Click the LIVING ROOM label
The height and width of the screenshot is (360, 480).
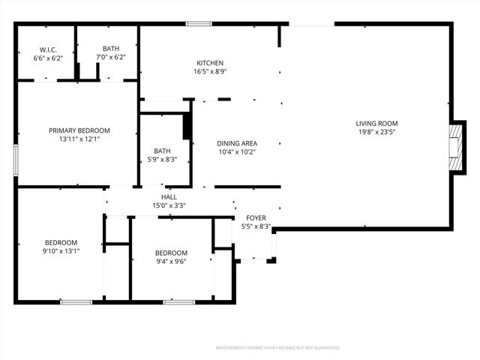[x=376, y=124]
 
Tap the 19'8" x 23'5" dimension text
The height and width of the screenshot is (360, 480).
[x=376, y=133]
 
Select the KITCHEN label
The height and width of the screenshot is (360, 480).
[x=209, y=63]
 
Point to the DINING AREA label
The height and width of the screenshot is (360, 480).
[x=237, y=142]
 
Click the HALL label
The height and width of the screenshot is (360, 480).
[x=169, y=196]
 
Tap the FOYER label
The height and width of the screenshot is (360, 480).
[x=256, y=217]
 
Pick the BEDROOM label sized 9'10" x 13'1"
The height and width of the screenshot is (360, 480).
[x=61, y=242]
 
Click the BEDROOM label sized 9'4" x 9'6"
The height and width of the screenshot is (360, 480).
[x=171, y=253]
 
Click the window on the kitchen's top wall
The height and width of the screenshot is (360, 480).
[x=198, y=24]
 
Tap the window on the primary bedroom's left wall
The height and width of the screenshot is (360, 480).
[x=16, y=160]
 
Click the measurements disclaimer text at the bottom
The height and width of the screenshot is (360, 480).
[x=277, y=348]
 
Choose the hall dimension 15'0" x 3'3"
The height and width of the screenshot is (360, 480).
[x=169, y=205]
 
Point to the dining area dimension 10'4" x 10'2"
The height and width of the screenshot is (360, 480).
[x=237, y=151]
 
